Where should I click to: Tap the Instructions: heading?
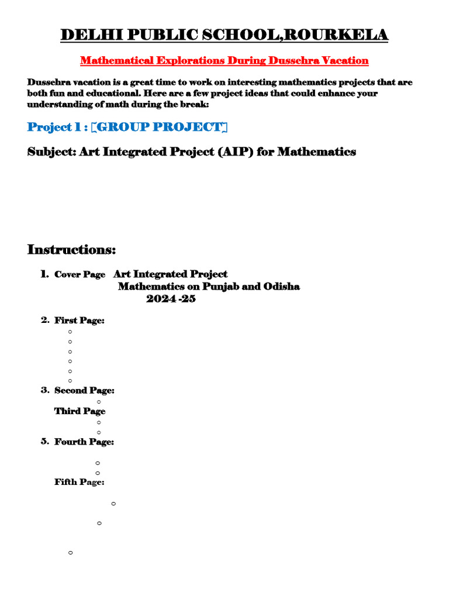tap(72, 250)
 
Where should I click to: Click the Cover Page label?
tap(80, 274)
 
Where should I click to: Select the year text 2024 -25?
tap(171, 299)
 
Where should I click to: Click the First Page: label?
tap(80, 321)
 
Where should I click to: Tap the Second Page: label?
tap(84, 390)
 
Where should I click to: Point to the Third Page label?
tap(80, 411)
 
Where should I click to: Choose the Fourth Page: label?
tap(84, 442)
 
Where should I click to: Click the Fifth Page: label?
tap(80, 482)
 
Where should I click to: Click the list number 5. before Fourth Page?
tap(45, 442)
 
